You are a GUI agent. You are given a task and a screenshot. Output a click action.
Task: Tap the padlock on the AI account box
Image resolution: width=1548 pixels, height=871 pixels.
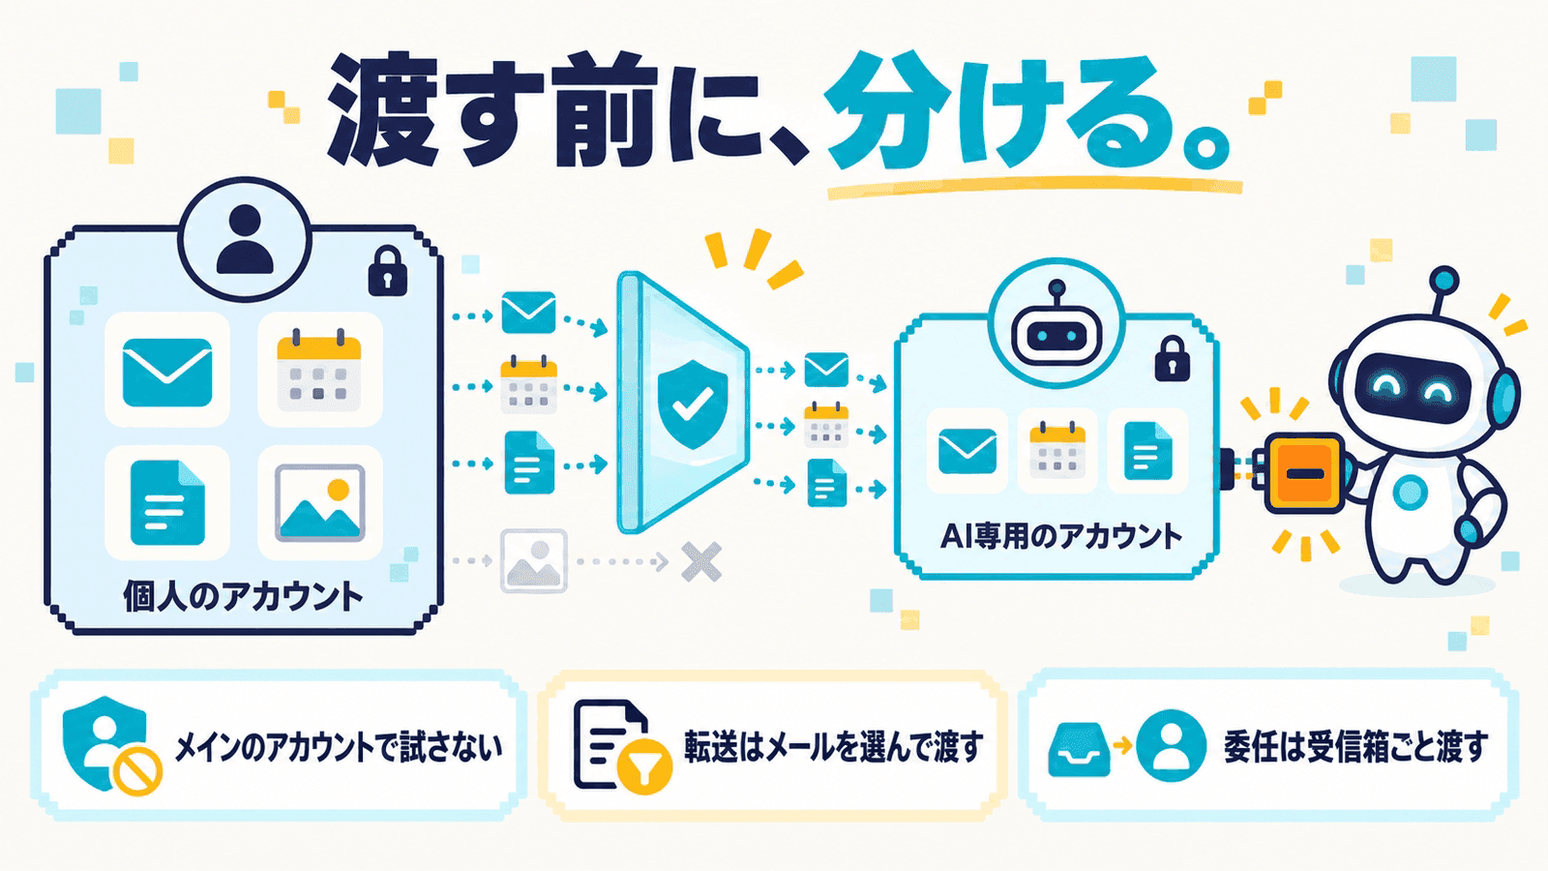(1172, 358)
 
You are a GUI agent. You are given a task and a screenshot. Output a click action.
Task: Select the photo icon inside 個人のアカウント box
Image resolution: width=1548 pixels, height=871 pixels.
(320, 502)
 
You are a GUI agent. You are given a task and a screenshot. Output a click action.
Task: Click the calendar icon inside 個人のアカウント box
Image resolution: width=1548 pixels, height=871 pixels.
(318, 368)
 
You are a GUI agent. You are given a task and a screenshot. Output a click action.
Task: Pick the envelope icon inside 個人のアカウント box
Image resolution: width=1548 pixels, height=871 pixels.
(167, 372)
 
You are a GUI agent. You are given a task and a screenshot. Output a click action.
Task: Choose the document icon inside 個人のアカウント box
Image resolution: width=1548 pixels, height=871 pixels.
(167, 503)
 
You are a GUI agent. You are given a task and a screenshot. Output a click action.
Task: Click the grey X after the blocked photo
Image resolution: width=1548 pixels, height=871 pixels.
(701, 561)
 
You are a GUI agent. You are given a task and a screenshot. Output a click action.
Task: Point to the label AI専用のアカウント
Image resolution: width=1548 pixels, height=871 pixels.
(1061, 537)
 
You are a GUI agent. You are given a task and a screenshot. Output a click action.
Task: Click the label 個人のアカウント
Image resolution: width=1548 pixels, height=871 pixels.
(243, 596)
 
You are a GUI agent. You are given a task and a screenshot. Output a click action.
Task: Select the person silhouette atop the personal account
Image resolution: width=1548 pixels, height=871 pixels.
(245, 239)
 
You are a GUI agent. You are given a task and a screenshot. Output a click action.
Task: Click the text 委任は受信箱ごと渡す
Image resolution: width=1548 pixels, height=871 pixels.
(1355, 746)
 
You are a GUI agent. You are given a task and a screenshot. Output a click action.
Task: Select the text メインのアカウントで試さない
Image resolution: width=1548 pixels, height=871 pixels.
(339, 747)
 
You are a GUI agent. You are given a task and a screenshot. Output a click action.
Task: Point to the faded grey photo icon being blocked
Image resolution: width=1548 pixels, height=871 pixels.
(533, 560)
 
